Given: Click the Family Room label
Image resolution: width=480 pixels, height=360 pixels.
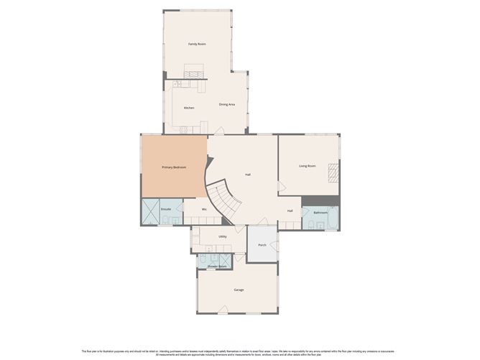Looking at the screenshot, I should tap(198, 45).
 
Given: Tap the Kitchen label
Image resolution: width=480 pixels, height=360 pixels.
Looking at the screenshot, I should tap(189, 108).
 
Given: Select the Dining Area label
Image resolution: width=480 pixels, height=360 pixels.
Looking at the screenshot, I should tap(228, 105).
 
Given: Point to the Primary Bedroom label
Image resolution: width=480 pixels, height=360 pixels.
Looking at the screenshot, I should tap(174, 167).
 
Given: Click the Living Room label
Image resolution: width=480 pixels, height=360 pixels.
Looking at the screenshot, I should tap(308, 166).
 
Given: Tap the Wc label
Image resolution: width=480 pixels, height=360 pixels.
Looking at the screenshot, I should tap(204, 209).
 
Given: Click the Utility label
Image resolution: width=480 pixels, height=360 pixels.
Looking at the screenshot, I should tap(223, 236).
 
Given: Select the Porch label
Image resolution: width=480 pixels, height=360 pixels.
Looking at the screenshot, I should tap(262, 244).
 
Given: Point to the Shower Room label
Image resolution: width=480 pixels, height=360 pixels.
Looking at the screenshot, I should tap(217, 267).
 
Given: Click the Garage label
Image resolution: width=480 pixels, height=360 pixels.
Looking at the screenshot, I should tap(239, 290).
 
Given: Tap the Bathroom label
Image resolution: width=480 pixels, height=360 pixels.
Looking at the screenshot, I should tap(320, 213).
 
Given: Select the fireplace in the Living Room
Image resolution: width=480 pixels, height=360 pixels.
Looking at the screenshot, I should tap(333, 172).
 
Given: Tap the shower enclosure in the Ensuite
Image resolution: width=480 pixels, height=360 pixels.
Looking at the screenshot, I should tap(150, 213).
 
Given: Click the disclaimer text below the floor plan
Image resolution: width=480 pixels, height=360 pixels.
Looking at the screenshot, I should tap(240, 352).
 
